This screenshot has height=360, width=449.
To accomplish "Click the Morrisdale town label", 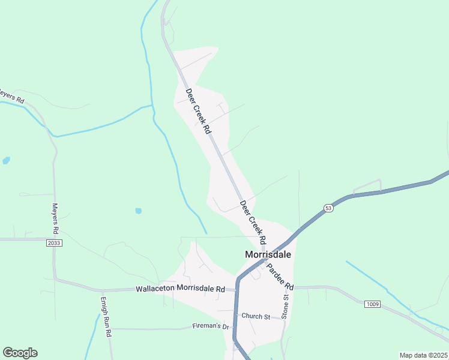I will click(x=268, y=254).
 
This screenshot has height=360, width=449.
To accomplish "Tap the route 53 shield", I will click(x=328, y=208).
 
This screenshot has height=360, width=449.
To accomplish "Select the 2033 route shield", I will click(x=54, y=242).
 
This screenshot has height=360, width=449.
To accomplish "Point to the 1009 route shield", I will click(x=372, y=304).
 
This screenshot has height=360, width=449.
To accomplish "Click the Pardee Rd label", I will click(x=280, y=276).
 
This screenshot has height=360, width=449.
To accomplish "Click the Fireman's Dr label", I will click(x=211, y=326).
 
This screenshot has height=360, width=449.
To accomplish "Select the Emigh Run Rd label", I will click(x=106, y=316).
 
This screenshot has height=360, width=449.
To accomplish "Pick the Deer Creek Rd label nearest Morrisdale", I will click(x=253, y=221).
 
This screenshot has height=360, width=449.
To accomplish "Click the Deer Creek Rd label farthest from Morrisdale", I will click(x=199, y=111).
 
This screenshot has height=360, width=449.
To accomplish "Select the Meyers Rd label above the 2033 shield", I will click(x=55, y=218).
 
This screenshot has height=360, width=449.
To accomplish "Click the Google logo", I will click(x=20, y=353).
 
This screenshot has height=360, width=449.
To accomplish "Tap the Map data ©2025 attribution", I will click(x=423, y=355).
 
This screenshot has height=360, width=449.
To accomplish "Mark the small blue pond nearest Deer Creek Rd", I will click(x=138, y=211).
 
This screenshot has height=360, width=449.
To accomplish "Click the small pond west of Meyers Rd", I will click(x=6, y=161).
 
